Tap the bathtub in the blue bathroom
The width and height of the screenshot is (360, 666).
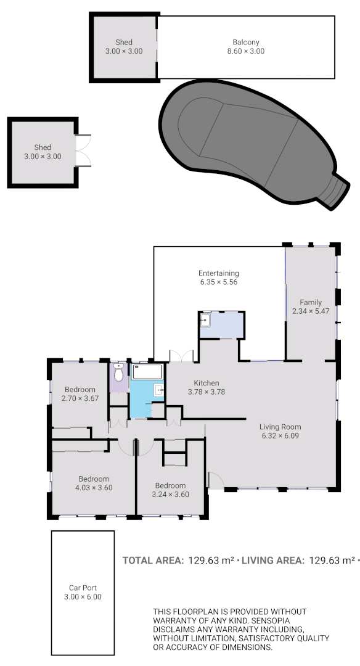tap(147, 371)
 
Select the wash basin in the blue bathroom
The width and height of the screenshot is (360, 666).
tap(158, 389)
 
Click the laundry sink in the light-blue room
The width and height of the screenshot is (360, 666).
tap(205, 320)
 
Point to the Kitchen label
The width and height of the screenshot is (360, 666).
tap(206, 383)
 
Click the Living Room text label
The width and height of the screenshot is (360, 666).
tap(280, 427)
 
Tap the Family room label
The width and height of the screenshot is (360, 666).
tap(311, 302)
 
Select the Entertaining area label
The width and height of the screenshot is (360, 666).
tap(218, 273)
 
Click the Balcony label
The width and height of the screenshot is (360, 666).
tap(245, 43)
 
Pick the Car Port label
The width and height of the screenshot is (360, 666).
tap(82, 588)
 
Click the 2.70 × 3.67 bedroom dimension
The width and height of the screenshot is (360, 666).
tap(80, 398)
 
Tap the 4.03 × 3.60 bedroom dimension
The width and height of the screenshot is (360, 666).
tap(93, 488)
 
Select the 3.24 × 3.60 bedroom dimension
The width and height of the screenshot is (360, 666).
tap(170, 494)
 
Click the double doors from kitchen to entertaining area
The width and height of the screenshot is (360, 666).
tap(181, 356)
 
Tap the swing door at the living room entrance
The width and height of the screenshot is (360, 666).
tap(215, 480)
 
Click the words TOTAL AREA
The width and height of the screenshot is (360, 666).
tap(153, 561)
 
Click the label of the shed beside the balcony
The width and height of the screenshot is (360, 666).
tap(124, 43)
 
